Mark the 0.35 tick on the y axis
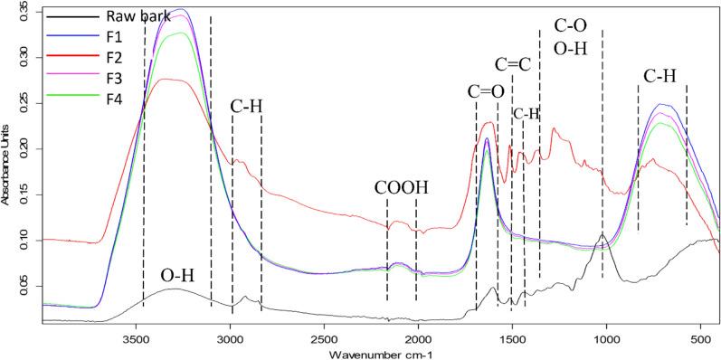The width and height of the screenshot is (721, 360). click(24, 11)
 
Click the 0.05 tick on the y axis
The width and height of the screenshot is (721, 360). click(24, 287)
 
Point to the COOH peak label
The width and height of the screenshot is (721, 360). click(401, 188)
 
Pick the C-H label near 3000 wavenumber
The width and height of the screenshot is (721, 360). click(246, 107)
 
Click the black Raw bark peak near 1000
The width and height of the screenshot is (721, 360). click(602, 234)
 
